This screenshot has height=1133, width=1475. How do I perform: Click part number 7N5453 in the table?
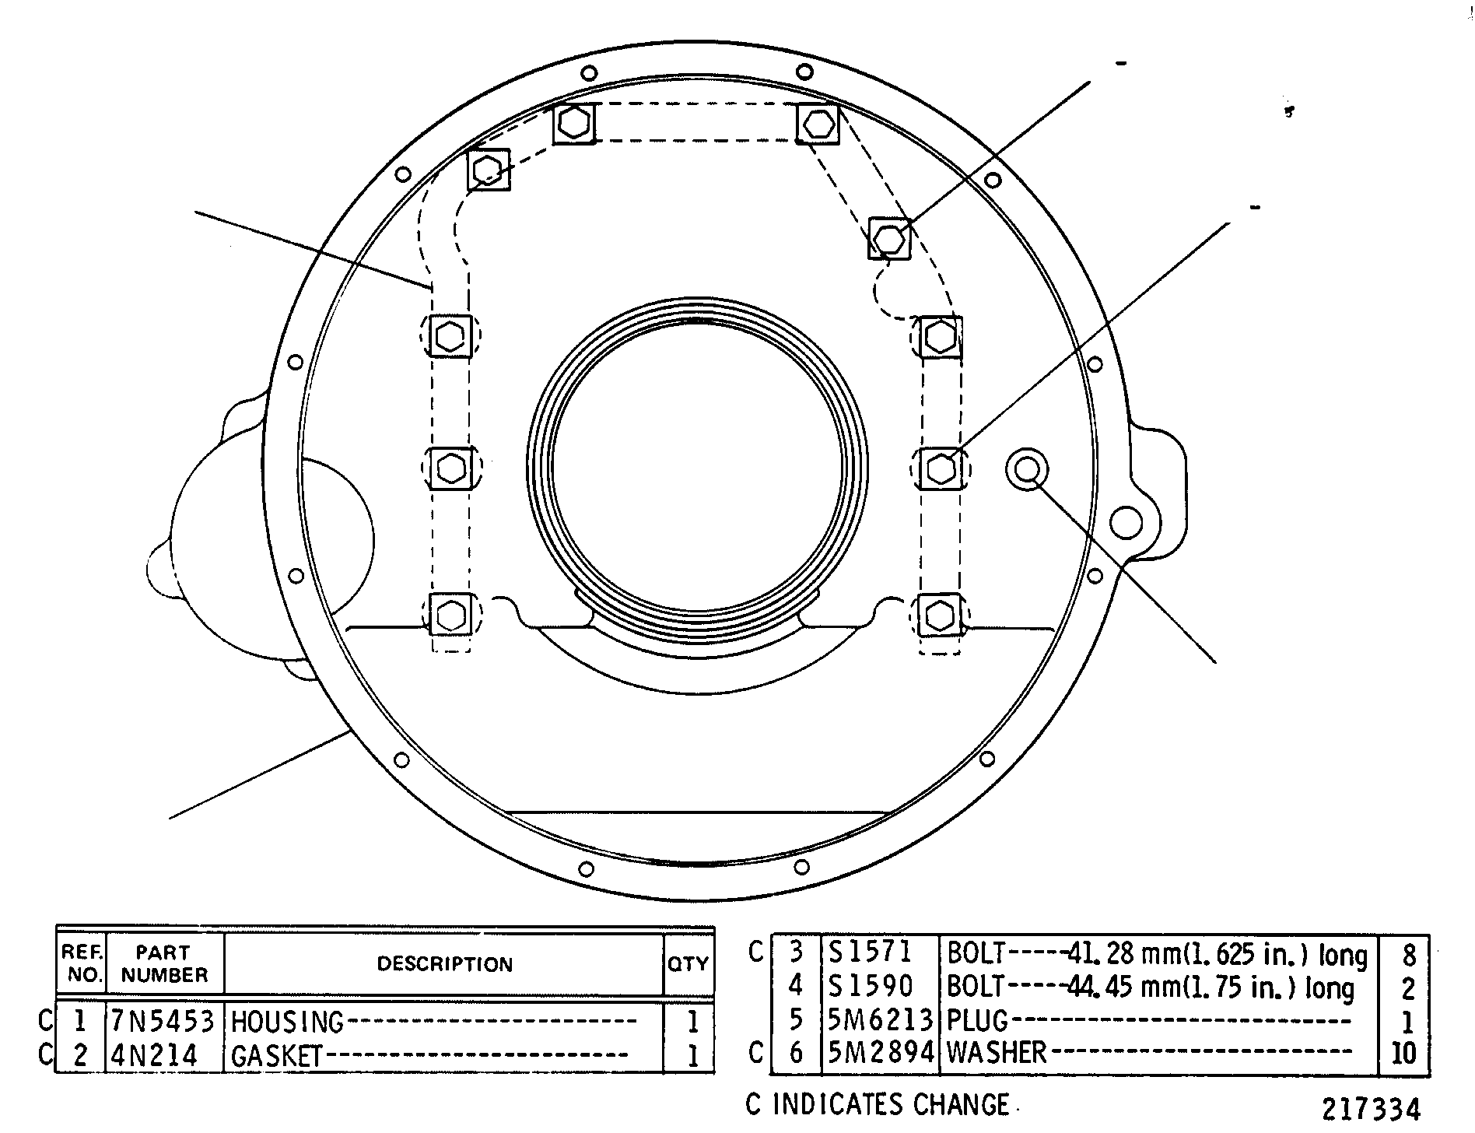[163, 1021]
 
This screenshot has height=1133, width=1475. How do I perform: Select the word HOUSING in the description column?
[287, 1022]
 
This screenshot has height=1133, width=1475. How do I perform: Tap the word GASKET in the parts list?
[277, 1056]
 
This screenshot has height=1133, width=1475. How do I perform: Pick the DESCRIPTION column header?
[445, 964]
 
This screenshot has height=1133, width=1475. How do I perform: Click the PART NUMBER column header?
[164, 963]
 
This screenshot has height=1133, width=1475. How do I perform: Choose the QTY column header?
[688, 964]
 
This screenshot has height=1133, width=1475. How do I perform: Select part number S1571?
[870, 952]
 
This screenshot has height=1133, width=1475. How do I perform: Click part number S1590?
[870, 986]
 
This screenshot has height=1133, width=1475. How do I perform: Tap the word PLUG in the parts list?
[977, 1019]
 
